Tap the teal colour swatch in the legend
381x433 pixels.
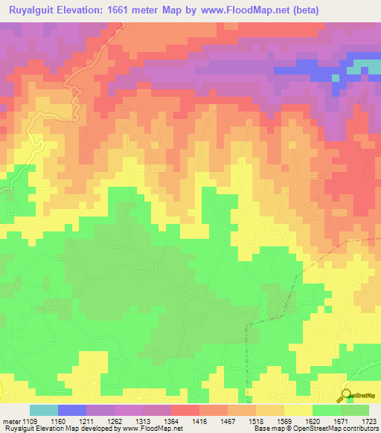point(43,410)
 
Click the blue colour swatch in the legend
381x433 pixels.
point(71,410)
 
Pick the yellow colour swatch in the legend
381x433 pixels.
point(298,410)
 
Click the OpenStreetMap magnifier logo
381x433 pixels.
point(345,396)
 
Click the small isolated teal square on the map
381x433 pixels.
point(336,77)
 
